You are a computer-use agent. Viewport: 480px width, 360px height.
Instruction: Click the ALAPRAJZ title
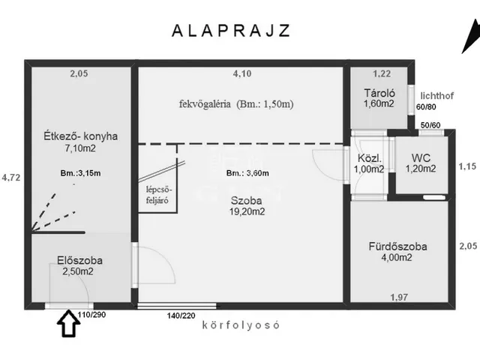tap(231, 31)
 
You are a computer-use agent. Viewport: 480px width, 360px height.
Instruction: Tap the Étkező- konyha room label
tap(80, 136)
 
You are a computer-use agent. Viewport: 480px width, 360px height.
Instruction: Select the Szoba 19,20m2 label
tap(247, 206)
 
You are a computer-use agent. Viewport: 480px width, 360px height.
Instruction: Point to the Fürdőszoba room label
tap(397, 247)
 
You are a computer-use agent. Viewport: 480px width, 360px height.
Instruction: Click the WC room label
tap(421, 158)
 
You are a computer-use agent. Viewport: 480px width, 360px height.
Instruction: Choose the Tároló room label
tap(379, 93)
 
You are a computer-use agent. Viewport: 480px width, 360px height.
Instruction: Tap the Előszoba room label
tap(80, 260)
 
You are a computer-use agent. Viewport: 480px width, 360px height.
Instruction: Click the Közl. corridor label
tap(370, 158)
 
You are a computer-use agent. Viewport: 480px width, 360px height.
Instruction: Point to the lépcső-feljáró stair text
tap(157, 195)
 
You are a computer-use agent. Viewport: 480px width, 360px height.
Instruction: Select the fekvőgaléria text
tap(205, 104)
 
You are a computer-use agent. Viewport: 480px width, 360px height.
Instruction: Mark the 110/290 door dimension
tap(91, 315)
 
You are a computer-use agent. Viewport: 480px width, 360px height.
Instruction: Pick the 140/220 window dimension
tap(181, 315)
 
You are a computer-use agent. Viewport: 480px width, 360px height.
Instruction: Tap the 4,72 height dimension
tap(11, 178)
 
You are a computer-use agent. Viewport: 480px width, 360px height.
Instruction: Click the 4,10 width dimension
tap(242, 73)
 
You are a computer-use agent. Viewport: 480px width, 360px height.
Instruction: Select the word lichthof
tap(437, 96)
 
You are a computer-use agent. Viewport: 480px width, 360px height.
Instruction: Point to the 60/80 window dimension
tap(426, 107)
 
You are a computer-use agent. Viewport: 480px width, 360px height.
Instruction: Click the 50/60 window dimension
tap(430, 125)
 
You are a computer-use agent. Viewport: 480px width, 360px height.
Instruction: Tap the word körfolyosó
tap(241, 325)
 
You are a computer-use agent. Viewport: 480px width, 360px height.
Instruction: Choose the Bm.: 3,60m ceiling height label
tap(247, 173)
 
